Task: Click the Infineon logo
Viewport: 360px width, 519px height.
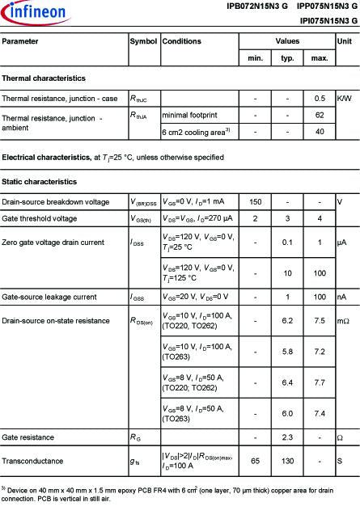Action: (30, 11)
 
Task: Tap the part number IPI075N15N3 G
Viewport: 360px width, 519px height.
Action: (328, 20)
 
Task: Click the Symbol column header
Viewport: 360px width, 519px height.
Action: (143, 40)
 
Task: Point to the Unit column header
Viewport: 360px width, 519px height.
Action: (344, 40)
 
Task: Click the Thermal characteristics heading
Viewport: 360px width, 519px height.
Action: (44, 78)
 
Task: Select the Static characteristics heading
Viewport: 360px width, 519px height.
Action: (40, 182)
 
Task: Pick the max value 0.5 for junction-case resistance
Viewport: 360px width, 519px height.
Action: (320, 98)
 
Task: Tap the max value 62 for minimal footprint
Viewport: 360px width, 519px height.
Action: (320, 115)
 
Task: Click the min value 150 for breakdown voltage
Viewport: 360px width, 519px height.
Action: (255, 201)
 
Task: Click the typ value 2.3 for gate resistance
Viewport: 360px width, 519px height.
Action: (287, 437)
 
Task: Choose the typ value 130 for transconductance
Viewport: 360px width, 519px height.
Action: (287, 460)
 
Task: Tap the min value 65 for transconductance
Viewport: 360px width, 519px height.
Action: (255, 460)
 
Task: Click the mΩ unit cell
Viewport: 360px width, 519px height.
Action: (344, 322)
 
